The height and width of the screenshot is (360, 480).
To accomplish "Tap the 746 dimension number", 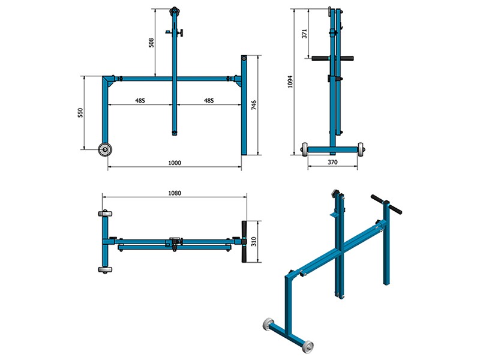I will (x=254, y=106).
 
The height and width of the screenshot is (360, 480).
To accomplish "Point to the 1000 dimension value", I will (x=175, y=163).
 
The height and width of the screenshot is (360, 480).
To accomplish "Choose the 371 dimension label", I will (x=304, y=34).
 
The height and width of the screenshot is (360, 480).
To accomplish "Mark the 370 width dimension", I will (x=334, y=162).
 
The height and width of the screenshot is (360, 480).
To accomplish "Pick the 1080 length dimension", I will (x=175, y=193).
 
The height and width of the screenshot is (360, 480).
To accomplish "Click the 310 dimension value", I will (x=254, y=242).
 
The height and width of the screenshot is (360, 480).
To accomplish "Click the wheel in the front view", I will (x=106, y=149).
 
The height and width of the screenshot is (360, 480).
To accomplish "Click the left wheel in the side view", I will (x=305, y=149).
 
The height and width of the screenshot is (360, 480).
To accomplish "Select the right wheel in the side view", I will (x=362, y=149).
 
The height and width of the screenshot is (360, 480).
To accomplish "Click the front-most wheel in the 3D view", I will (x=308, y=347).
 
